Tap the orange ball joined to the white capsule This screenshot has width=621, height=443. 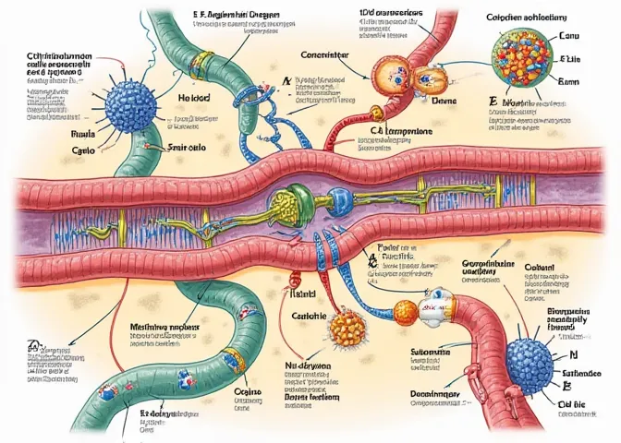[406, 309]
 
